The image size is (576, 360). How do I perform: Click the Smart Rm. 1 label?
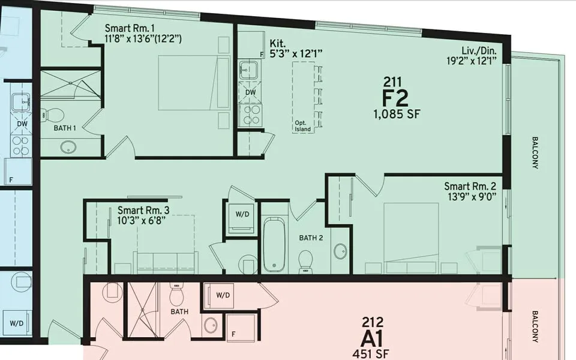(130, 28)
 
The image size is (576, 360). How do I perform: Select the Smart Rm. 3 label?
(143, 210)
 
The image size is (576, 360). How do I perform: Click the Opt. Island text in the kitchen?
(303, 126)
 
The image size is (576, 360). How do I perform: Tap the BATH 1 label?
(65, 128)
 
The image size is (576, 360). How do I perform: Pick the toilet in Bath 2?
(306, 259)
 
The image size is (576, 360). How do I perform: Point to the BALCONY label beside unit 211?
(535, 153)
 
